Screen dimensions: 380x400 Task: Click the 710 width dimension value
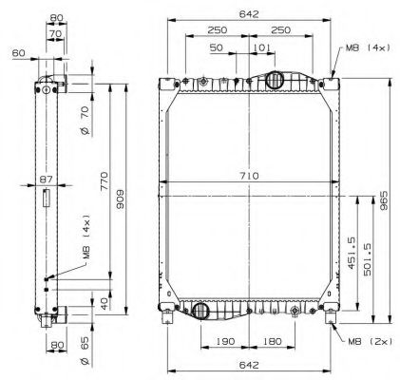(x=248, y=178)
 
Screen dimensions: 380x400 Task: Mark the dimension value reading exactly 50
(x=217, y=47)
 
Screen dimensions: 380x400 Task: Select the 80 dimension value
(x=56, y=16)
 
